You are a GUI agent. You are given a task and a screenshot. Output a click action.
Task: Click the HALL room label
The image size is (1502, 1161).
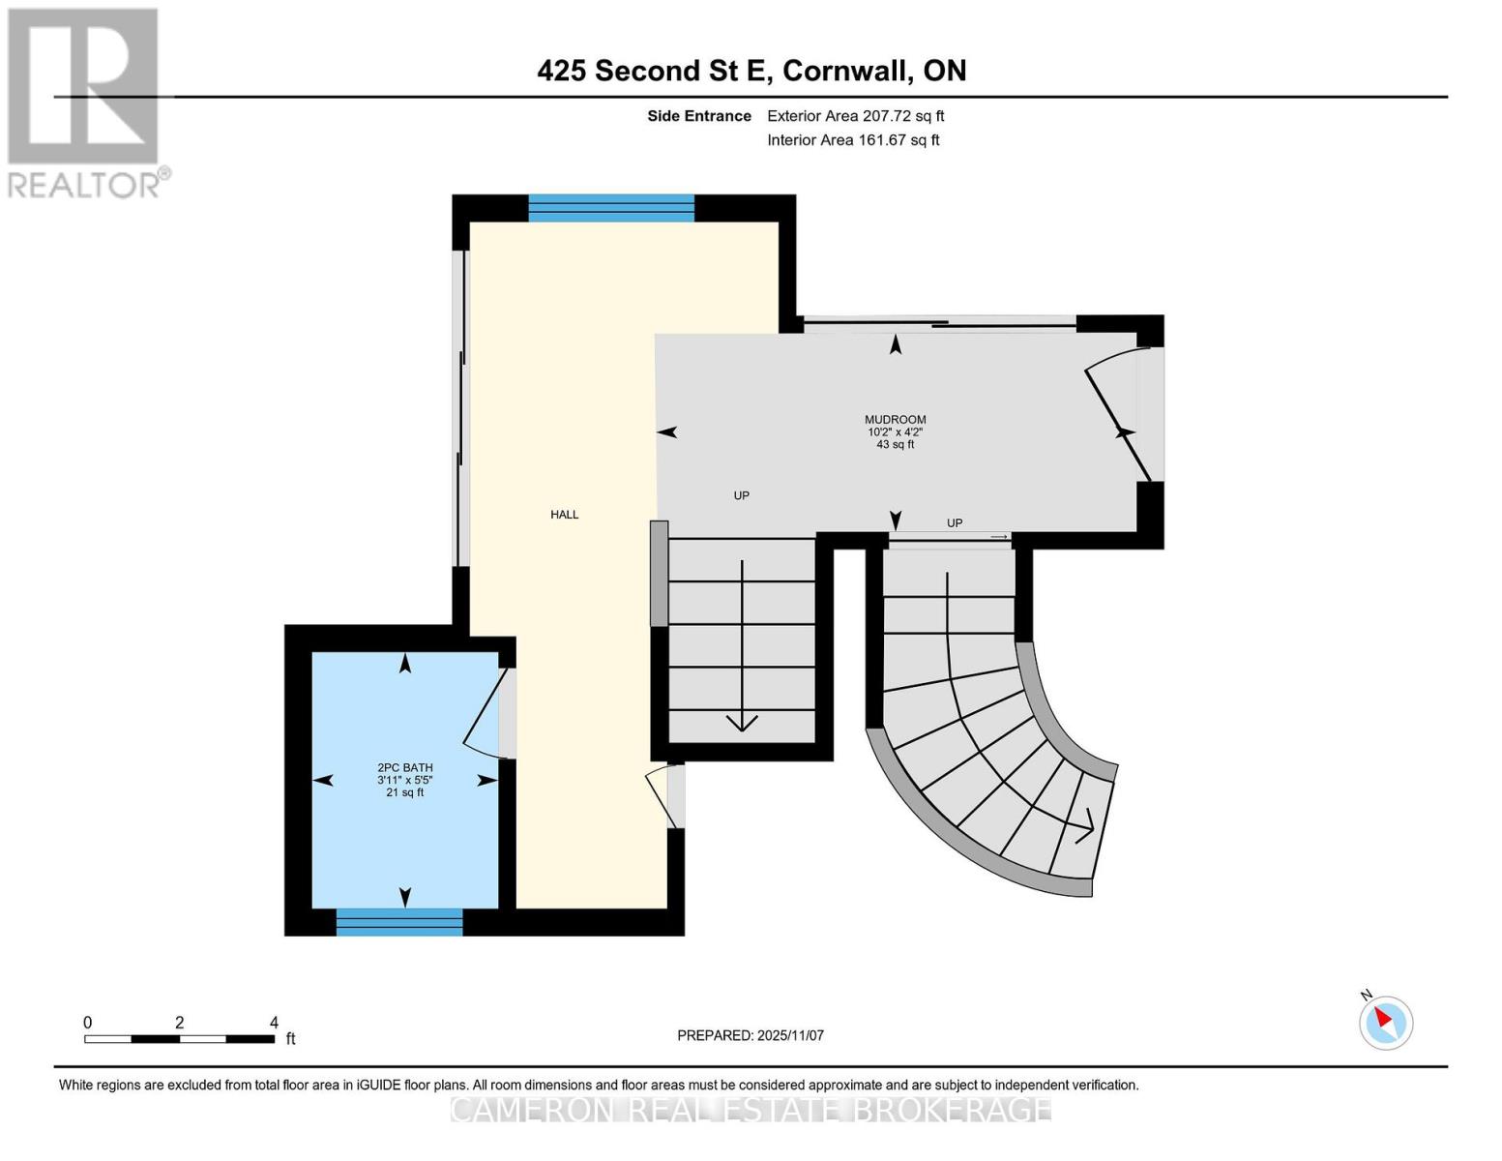[564, 515]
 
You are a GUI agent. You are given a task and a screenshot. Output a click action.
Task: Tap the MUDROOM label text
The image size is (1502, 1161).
[895, 420]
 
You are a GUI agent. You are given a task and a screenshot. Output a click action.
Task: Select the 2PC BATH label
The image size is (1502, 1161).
[404, 767]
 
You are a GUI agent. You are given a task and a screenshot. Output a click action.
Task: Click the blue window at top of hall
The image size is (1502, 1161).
[611, 208]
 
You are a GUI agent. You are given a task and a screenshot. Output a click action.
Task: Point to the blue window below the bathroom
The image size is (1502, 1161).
[399, 922]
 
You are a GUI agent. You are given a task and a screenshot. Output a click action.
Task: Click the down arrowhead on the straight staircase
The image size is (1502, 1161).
[742, 722]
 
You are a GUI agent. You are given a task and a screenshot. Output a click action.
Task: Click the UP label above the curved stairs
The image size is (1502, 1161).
[955, 523]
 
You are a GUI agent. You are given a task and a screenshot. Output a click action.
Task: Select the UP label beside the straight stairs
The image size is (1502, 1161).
[741, 495]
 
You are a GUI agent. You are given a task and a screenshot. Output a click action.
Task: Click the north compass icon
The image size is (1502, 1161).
[1386, 1022]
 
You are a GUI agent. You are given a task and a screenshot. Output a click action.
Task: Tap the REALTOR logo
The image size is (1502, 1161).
[85, 102]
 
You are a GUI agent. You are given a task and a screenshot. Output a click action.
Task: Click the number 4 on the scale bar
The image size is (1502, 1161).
[274, 1023]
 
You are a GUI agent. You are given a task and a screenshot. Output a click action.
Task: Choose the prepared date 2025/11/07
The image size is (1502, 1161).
[790, 1035]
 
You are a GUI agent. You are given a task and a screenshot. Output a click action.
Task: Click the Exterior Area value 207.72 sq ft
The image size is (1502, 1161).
[903, 116]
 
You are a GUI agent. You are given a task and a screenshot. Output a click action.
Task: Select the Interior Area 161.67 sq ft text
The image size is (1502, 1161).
[898, 140]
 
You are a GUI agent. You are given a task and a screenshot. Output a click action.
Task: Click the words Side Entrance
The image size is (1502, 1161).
[699, 116]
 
